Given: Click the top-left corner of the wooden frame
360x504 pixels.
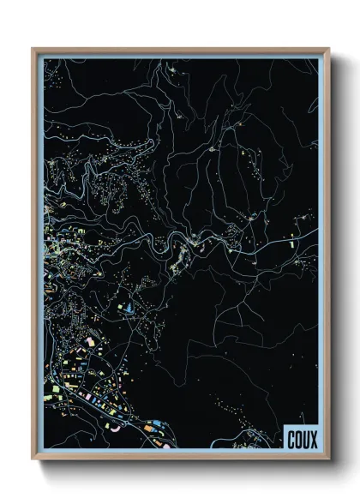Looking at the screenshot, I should tap(33, 49).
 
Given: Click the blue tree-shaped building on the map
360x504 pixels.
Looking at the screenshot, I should tap(129, 305).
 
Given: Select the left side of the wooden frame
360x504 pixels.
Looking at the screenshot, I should tap(34, 257).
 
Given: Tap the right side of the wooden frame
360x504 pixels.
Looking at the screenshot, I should tap(327, 257).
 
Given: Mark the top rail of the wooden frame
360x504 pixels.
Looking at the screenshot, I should tap(180, 51).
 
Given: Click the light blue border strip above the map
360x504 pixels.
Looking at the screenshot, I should tap(180, 57).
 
